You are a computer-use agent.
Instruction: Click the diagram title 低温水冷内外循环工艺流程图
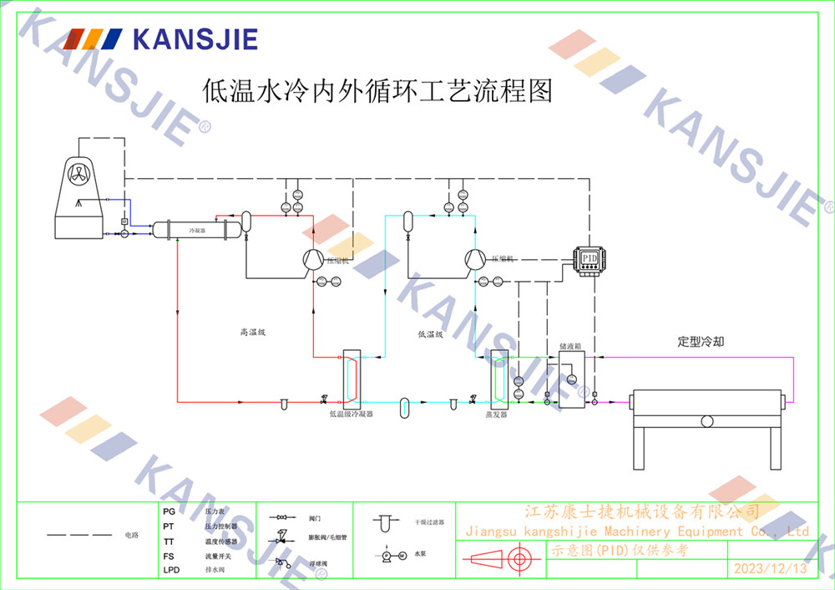[378, 90]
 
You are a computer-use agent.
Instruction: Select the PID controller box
[590, 257]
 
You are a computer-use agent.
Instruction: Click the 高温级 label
[252, 333]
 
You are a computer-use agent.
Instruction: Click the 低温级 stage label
[430, 333]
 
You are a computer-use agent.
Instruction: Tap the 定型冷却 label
[701, 342]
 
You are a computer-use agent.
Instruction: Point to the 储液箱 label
[570, 344]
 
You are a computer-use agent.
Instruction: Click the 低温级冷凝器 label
[351, 413]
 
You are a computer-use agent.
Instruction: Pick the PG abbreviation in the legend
[169, 511]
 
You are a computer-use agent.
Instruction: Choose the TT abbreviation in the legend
[169, 542]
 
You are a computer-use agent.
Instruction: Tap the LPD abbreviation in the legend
[170, 570]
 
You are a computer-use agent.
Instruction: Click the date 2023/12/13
[770, 569]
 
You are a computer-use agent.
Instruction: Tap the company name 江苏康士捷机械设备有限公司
[640, 511]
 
